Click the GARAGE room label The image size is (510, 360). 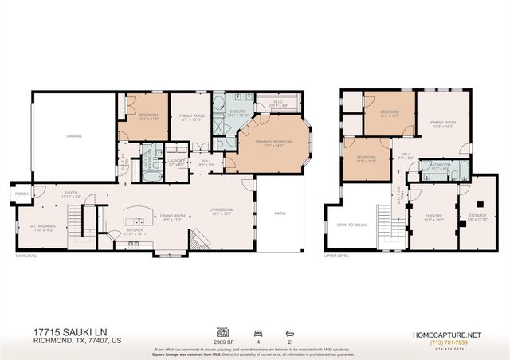(74, 136)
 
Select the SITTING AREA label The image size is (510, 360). (43, 226)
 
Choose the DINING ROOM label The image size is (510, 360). (174, 216)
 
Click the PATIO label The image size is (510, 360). (280, 213)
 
